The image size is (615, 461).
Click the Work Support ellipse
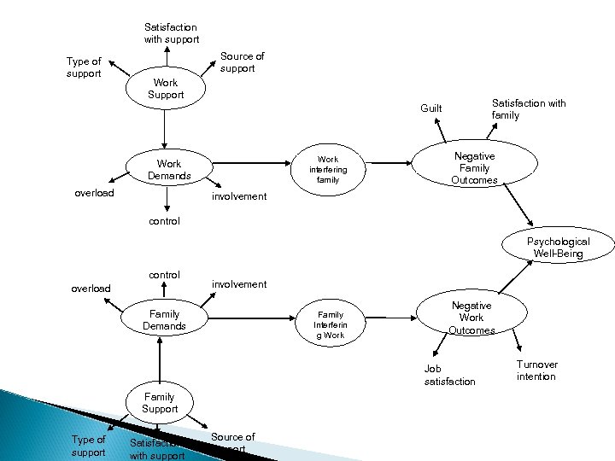point(166,89)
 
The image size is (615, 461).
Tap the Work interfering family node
point(328,169)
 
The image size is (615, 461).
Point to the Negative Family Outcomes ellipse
point(474,167)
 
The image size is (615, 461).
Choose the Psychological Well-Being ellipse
point(558,248)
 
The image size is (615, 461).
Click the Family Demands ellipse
point(164,320)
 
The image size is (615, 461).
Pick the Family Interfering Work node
point(330,324)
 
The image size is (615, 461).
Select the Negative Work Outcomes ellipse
point(471,318)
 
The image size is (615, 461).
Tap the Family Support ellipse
point(161,402)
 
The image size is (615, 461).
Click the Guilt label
point(431,108)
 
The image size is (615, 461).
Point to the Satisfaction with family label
point(529,109)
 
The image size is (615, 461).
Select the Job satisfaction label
point(449,375)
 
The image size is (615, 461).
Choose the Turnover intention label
point(536,371)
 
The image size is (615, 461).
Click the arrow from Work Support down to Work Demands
point(167,129)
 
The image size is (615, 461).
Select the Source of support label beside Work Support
point(242,62)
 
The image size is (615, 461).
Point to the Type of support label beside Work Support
point(84,67)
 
